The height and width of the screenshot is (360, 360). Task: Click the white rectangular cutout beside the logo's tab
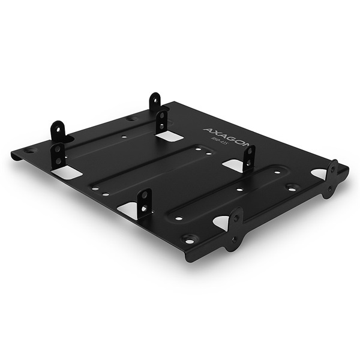232,164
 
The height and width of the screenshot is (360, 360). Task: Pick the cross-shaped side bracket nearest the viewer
234,229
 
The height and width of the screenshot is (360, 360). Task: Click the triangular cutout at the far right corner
319,174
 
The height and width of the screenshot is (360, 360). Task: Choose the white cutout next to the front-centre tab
128,209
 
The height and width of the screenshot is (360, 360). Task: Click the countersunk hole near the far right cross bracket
293,187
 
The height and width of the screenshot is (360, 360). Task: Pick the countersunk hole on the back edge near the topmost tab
131,118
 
